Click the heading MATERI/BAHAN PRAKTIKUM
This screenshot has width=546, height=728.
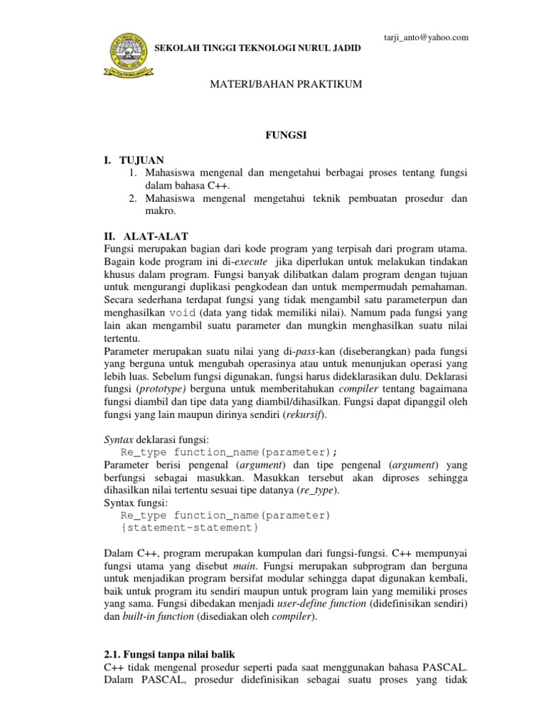(273, 85)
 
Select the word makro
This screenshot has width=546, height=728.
(160, 212)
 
